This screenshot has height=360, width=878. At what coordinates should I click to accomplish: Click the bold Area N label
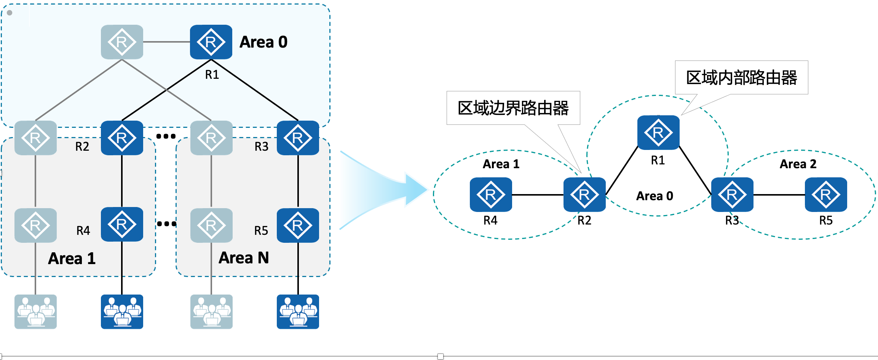click(244, 258)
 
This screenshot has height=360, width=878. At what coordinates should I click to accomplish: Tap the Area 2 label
click(798, 164)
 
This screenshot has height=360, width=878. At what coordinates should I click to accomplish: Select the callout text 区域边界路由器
click(513, 108)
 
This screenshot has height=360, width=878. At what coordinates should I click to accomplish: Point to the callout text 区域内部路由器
click(741, 78)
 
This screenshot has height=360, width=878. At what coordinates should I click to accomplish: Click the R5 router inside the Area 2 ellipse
click(826, 194)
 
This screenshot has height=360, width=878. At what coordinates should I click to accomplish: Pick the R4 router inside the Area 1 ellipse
click(491, 194)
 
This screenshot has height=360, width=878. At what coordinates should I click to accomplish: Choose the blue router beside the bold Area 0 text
click(211, 42)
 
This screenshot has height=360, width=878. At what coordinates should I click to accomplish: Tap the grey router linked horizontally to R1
click(122, 42)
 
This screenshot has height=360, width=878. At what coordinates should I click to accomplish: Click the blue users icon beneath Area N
click(298, 312)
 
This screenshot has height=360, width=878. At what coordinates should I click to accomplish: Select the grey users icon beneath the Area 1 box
click(35, 312)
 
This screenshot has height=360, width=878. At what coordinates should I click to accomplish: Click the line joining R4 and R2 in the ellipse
click(538, 195)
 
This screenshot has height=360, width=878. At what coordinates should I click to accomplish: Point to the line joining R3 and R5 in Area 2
click(779, 195)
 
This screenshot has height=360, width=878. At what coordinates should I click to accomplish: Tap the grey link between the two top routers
click(166, 42)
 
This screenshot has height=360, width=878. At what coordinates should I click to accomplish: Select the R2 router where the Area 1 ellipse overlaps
click(584, 194)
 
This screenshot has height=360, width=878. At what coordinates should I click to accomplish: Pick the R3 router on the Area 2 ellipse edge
click(732, 194)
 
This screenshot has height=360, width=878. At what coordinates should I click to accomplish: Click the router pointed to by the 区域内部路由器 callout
click(658, 132)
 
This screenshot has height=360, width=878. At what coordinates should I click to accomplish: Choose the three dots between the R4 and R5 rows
click(166, 224)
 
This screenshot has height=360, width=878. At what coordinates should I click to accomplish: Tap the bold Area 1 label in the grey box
click(72, 259)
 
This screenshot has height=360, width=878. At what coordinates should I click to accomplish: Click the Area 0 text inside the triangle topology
click(655, 196)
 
